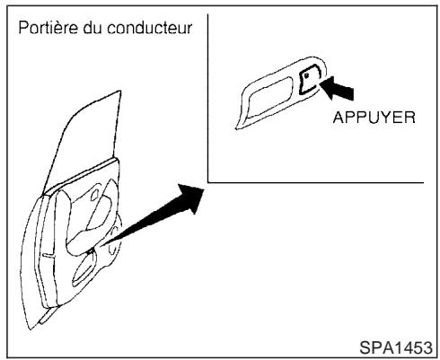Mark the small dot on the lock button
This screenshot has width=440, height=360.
(306, 80)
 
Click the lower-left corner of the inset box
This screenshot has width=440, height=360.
(208, 180)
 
